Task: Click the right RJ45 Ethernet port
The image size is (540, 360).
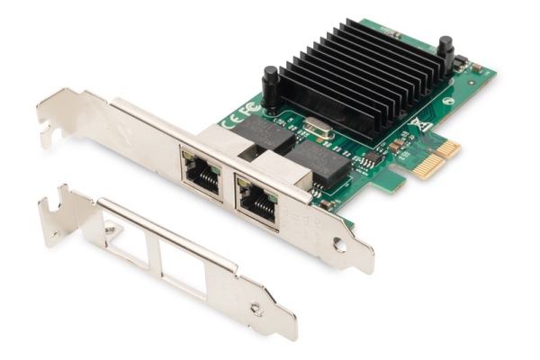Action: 256,196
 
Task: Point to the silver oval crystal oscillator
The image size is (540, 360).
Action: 319,129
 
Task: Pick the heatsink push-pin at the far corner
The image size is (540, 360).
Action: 444,51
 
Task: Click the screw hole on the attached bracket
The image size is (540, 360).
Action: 338,244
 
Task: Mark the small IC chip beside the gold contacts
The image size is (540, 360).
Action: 372,160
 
